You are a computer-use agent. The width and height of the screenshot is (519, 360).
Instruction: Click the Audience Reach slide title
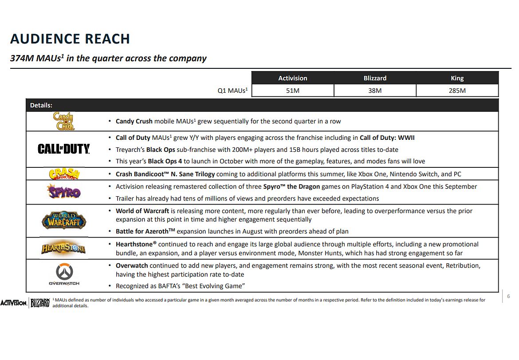click(x=70, y=39)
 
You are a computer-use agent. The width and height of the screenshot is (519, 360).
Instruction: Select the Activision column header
click(x=292, y=78)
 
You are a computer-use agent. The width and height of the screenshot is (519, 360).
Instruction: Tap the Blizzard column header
click(x=375, y=78)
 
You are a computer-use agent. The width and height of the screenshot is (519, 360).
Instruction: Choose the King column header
click(x=457, y=78)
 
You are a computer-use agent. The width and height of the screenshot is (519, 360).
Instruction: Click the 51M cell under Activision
click(x=292, y=91)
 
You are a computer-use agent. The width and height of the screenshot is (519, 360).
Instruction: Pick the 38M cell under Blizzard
click(x=375, y=91)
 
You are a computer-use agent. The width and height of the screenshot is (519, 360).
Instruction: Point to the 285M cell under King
click(x=457, y=91)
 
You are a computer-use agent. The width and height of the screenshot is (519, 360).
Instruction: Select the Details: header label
click(x=41, y=105)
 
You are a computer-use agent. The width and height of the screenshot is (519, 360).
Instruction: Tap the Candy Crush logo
click(x=64, y=121)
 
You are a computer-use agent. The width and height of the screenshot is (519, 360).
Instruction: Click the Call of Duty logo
click(x=64, y=149)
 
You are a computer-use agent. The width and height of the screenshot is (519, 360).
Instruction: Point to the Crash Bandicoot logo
click(x=64, y=174)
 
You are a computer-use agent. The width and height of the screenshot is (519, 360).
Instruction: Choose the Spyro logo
click(x=64, y=192)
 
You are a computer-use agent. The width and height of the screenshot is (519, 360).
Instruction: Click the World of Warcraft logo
click(x=64, y=221)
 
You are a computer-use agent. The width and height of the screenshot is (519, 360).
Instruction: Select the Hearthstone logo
click(x=64, y=248)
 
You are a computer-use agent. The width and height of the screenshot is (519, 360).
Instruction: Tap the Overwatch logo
click(x=64, y=274)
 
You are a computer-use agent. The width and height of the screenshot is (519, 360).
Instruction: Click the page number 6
click(x=508, y=297)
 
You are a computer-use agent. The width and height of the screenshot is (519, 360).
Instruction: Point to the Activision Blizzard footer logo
click(x=25, y=303)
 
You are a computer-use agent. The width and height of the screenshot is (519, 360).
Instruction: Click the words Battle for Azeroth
click(x=142, y=231)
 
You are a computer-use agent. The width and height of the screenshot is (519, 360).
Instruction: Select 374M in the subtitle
click(x=22, y=59)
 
